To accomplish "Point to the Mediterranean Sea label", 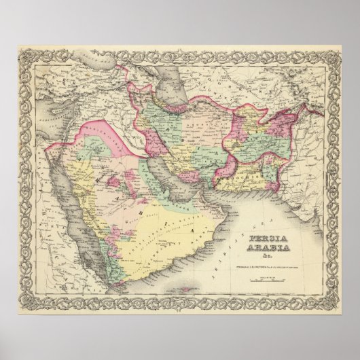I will [48, 129].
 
